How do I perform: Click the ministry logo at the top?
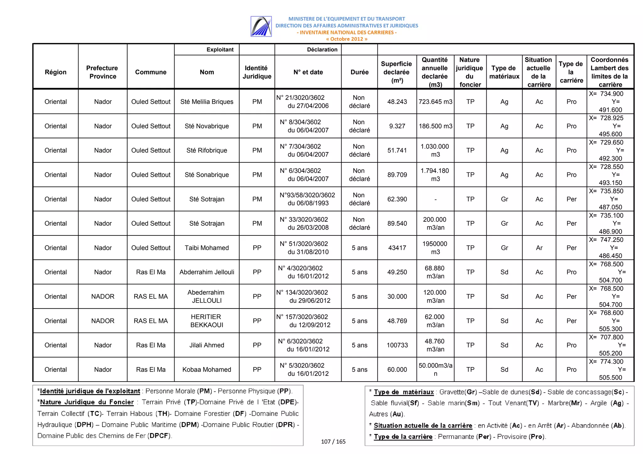click(261, 26)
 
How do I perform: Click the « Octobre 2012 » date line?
click(347, 39)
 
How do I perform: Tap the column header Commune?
click(151, 72)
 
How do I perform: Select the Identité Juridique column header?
click(257, 72)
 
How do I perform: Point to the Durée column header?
click(359, 72)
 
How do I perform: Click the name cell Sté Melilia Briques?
click(207, 102)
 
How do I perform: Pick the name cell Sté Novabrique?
click(207, 126)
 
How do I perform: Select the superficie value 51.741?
click(397, 150)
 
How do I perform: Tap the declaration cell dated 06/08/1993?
click(308, 199)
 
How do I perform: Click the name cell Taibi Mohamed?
click(207, 248)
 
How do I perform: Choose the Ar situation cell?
click(539, 248)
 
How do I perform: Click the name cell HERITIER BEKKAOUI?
click(207, 321)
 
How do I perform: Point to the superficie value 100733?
click(397, 345)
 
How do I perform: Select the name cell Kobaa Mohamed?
click(207, 370)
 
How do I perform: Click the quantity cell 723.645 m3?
click(435, 102)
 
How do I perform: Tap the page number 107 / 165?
click(333, 442)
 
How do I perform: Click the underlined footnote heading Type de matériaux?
click(403, 392)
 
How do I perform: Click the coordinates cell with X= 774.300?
click(610, 370)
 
